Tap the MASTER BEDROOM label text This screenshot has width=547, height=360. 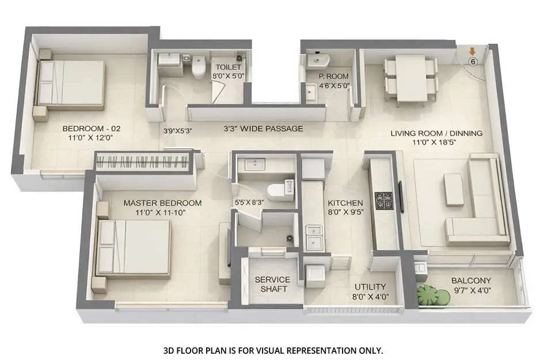162,203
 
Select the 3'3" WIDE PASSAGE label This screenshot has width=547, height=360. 263,128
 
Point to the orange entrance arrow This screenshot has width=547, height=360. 472,52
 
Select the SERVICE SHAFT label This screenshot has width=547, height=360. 272,284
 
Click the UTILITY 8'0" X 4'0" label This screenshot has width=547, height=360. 370,291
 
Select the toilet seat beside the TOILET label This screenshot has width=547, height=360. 199,68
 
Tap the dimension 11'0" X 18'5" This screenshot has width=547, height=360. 436,142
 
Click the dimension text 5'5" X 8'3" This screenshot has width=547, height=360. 249,202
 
